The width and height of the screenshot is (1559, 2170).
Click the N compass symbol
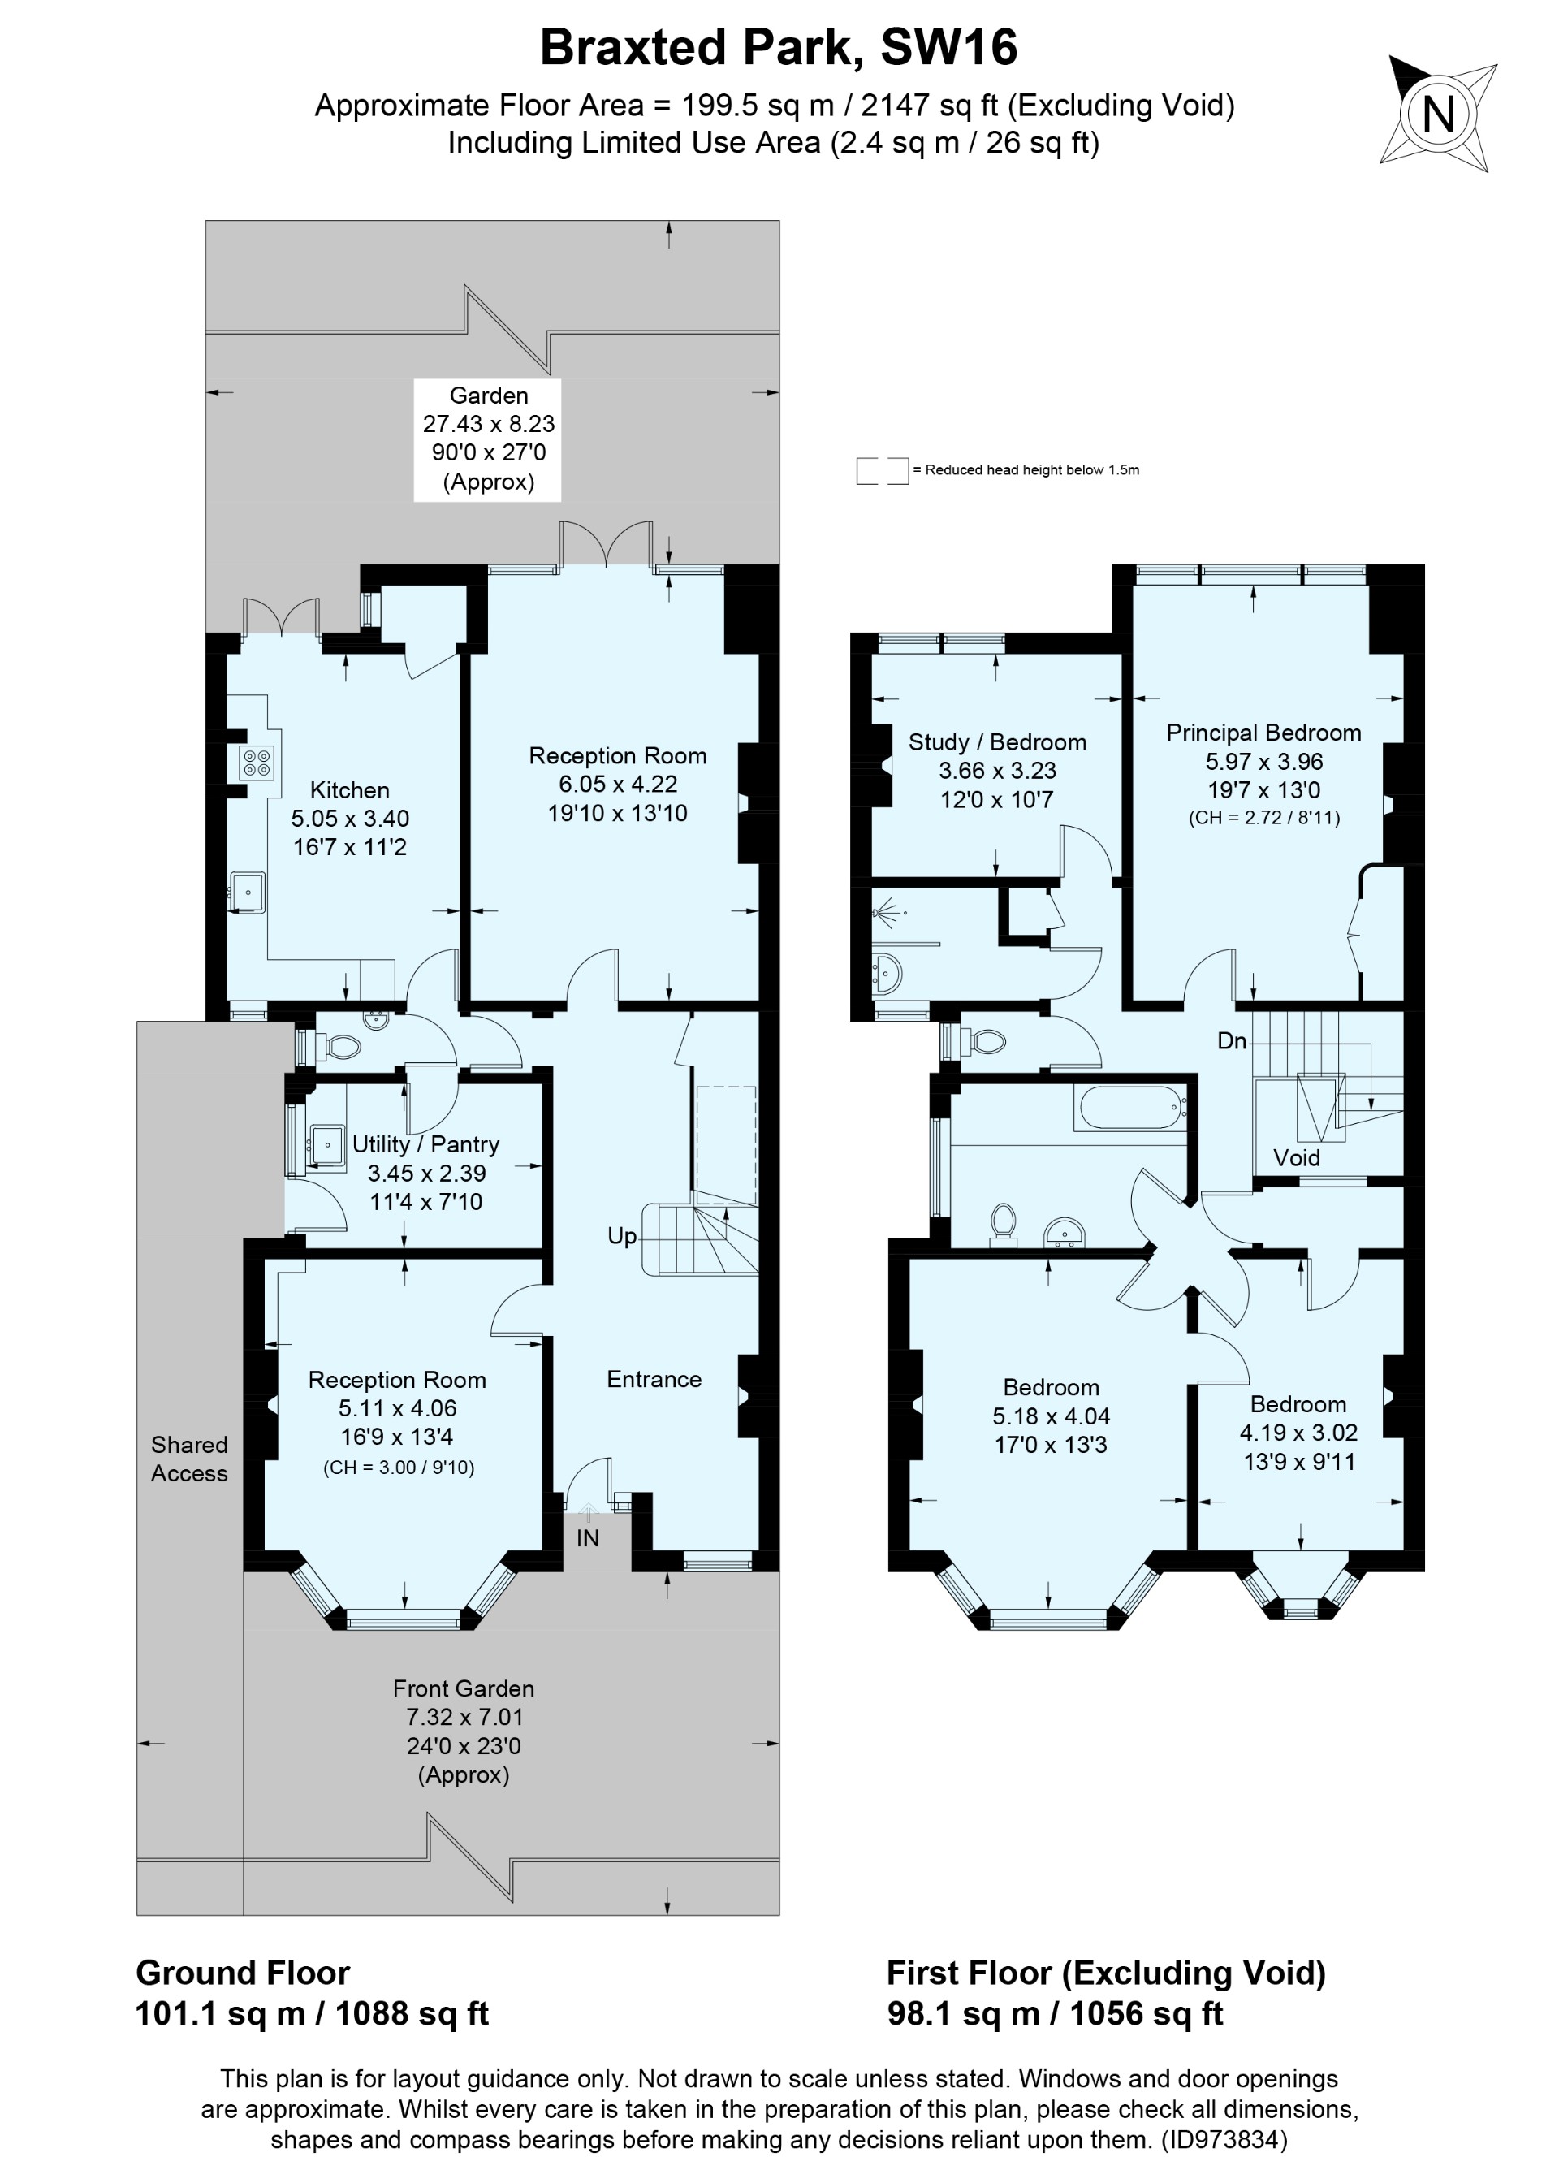coord(1437,115)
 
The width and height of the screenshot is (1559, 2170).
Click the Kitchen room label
coord(349,790)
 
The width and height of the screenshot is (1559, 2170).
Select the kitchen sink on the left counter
coord(248,893)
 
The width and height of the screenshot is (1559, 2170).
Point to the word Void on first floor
coord(1296,1158)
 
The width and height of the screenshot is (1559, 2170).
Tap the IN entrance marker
coord(587,1537)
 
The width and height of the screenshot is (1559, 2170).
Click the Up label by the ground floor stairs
coord(622,1236)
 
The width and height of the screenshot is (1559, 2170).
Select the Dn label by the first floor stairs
coord(1231,1041)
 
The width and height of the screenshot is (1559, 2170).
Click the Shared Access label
coord(189,1459)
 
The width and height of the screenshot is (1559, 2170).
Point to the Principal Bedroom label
coord(1263,733)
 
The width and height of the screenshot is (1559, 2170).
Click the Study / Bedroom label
coord(996,742)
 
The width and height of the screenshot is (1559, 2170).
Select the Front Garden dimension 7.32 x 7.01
coord(464,1718)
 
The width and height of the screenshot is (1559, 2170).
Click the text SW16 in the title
coord(948,48)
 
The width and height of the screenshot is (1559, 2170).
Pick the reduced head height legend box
coord(881,471)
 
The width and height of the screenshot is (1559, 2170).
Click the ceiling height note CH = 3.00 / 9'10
coord(398,1468)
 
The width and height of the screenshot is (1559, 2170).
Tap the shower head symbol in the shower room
coord(886,913)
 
